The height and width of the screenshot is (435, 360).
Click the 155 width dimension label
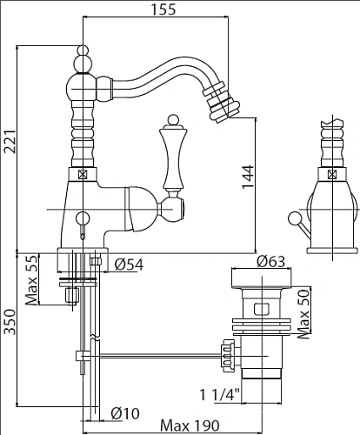(163, 9)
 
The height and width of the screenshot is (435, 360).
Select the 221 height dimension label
(10, 141)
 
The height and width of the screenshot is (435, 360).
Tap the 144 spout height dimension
(248, 177)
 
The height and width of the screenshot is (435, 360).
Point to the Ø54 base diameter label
(129, 264)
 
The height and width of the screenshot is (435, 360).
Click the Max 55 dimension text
(31, 280)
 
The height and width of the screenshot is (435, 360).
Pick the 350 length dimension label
(10, 322)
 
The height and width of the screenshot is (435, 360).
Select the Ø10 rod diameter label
(125, 413)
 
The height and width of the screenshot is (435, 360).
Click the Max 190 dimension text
(190, 425)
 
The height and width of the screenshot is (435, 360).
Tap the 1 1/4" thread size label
(220, 395)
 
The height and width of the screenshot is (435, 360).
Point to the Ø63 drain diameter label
(271, 262)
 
